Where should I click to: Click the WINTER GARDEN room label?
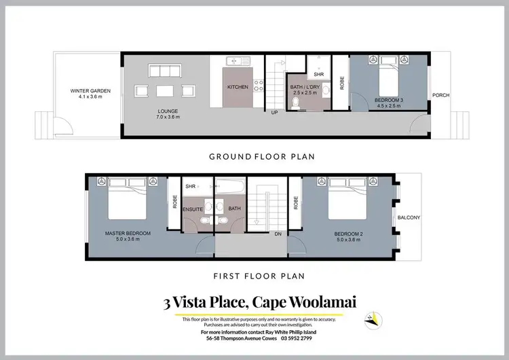90,94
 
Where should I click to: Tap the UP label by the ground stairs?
275,112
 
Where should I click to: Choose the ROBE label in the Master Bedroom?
175,202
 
